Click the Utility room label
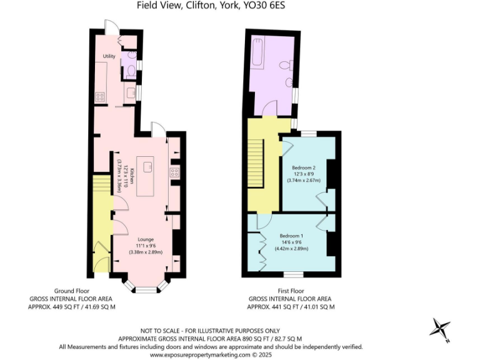coord(109,57)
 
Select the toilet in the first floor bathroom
coord(286,64)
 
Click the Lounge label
coord(146,239)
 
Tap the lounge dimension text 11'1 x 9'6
coord(146,246)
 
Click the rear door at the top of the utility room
coord(111,29)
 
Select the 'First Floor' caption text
coord(291,291)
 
